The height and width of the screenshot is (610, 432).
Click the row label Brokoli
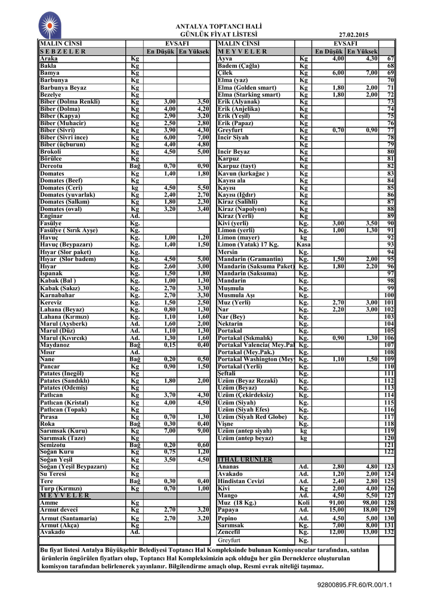coord(51,152)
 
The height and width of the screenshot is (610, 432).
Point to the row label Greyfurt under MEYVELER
coord(230,130)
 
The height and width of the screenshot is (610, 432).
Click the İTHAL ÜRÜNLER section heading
coord(245,460)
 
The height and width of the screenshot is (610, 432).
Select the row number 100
coord(389,295)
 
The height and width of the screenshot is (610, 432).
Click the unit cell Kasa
coord(303,245)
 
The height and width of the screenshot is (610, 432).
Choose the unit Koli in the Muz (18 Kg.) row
coord(303,502)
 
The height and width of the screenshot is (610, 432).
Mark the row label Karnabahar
coord(59,295)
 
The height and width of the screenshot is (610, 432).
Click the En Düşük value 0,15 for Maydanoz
coord(169,345)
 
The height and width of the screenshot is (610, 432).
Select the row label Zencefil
coord(233,532)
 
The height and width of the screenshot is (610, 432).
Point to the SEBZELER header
coord(63,51)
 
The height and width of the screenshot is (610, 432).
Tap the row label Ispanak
coord(52,273)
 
